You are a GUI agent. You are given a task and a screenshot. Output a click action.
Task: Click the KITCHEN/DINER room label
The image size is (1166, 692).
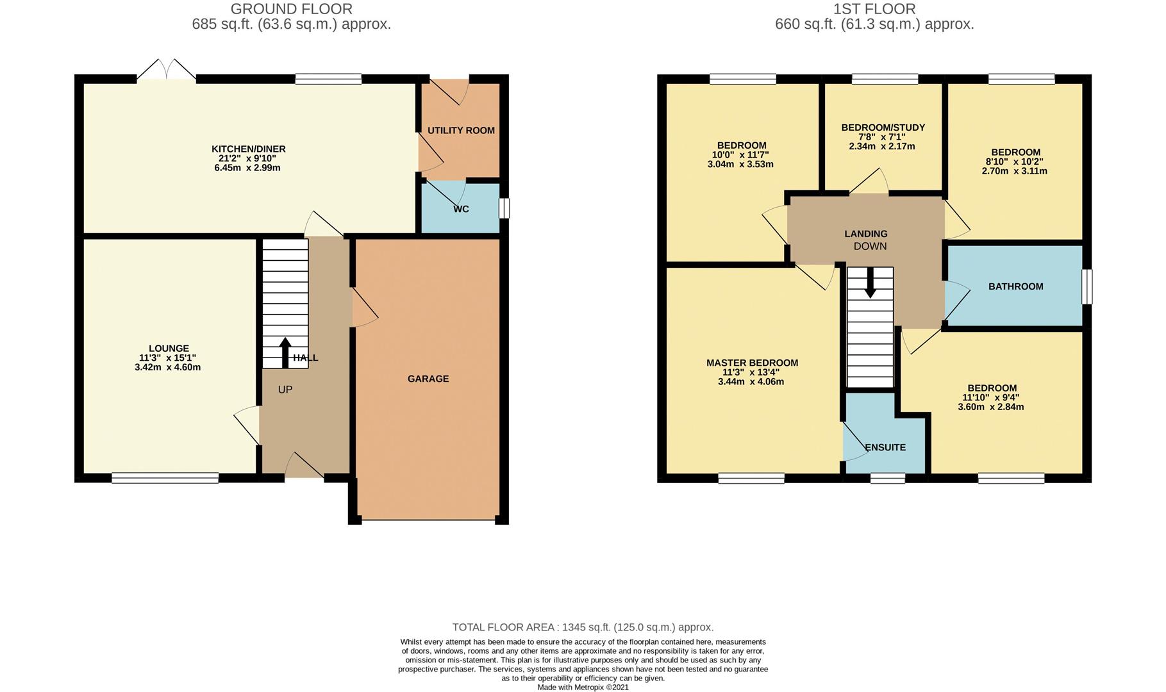click(x=248, y=149)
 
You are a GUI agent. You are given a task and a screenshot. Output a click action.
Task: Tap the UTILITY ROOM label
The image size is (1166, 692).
click(x=460, y=131)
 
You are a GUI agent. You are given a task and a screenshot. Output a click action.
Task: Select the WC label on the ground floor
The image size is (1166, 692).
click(x=460, y=209)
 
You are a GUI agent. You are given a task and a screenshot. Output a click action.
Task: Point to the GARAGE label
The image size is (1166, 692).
click(x=428, y=379)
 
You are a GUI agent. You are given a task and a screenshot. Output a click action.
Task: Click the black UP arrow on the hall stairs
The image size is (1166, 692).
click(x=285, y=352)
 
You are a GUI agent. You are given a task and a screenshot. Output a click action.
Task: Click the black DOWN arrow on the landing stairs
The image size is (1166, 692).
click(x=870, y=283)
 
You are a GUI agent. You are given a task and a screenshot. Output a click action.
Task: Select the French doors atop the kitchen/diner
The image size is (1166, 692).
click(x=166, y=70)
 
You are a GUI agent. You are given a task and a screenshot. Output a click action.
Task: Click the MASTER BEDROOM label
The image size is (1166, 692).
click(x=752, y=363)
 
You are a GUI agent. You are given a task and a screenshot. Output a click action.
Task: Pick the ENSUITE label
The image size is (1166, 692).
click(x=885, y=447)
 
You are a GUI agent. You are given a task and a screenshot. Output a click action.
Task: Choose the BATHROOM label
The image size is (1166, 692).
click(x=1015, y=286)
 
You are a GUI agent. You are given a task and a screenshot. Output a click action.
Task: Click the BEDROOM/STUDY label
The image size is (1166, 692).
click(x=883, y=128)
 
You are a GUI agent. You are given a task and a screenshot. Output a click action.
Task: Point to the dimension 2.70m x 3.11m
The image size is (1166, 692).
click(x=1014, y=171)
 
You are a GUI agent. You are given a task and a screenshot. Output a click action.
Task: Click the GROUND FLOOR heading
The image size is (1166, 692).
click(x=291, y=9)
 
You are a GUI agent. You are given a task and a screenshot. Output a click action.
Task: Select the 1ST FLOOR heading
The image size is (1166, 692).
click(x=874, y=9)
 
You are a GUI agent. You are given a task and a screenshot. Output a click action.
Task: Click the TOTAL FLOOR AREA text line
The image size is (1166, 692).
click(x=582, y=627)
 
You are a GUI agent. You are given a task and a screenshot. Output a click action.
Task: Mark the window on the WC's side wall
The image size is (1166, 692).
click(x=504, y=208)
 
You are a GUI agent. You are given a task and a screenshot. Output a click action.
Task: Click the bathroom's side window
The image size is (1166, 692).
click(x=1087, y=286)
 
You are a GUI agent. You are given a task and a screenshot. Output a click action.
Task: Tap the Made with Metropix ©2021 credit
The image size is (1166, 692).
click(x=582, y=687)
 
